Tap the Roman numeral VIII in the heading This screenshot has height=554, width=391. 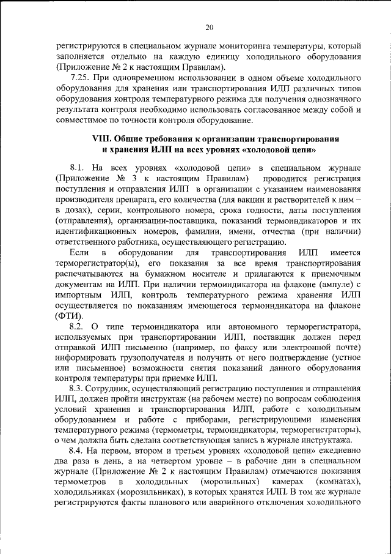[x=102, y=140]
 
